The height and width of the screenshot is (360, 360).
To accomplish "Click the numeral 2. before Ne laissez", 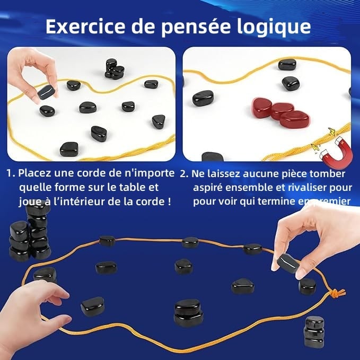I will pos(183,173).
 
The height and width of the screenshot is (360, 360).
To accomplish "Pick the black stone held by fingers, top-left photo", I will pos(46,93).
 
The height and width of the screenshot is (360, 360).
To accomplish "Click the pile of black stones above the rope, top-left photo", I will pos(115,69).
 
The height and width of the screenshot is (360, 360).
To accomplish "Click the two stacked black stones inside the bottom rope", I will pos(188,312).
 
